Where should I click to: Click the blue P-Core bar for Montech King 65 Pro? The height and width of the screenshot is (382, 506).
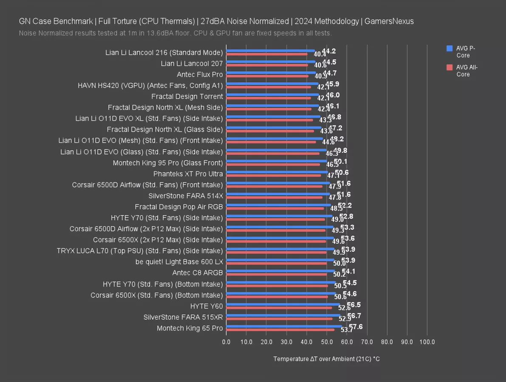pos(284,326)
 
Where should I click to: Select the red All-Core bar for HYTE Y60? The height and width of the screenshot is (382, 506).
pos(279,308)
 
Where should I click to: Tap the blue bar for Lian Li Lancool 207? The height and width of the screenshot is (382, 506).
pos(271,62)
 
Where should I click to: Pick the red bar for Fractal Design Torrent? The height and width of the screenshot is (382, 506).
pos(269,98)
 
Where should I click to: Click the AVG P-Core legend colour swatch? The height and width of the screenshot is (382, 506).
pos(449,48)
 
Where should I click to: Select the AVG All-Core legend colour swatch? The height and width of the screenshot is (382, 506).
pos(449,67)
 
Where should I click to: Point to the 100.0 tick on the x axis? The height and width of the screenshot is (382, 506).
pos(427,342)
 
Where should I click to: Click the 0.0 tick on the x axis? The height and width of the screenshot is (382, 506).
pos(226,342)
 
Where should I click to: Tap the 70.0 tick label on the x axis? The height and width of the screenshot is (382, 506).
pos(367,342)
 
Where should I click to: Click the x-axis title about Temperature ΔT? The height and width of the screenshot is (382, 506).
pos(326,359)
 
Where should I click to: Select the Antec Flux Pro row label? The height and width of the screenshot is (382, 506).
pos(200,75)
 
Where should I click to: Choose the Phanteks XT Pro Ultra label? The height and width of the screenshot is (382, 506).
pos(188,174)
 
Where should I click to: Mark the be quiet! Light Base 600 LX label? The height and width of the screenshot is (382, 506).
pos(179,262)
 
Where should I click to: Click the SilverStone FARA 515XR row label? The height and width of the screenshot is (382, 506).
pos(183,317)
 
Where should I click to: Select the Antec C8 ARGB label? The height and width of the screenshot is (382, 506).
pos(197,273)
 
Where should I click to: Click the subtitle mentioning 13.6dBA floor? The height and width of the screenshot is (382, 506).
pos(175,33)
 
